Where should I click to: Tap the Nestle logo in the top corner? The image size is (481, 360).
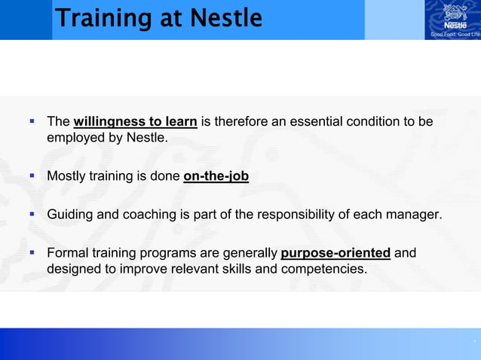[x=455, y=15]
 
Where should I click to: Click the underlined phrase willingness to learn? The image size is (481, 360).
[x=136, y=122]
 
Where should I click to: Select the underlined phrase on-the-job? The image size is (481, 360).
[x=216, y=177]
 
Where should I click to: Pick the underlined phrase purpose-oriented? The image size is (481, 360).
[x=335, y=252]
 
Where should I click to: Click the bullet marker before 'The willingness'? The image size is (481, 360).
[x=32, y=121]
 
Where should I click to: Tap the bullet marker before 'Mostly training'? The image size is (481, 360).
[x=32, y=176]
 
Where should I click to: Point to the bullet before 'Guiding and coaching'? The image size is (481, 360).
[x=32, y=215]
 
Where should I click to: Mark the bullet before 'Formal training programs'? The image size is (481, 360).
[x=32, y=252]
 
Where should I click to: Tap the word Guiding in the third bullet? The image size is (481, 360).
[x=70, y=215]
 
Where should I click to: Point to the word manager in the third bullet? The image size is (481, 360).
[x=412, y=215]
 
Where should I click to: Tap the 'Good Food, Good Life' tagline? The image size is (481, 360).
[x=455, y=34]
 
